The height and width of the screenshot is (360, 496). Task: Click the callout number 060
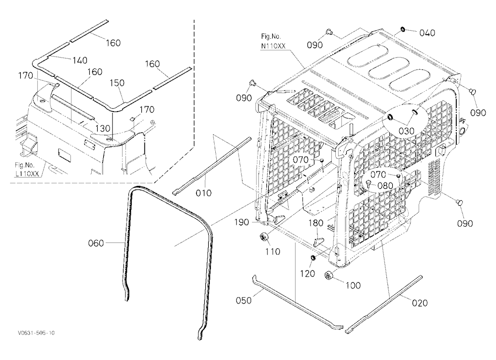coord(96,243)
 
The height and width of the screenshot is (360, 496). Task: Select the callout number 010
coord(204,193)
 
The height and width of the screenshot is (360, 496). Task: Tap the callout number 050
coord(244,300)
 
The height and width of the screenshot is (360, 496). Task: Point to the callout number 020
coord(420,303)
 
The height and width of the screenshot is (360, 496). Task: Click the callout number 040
coord(428,33)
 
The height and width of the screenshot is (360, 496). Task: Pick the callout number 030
coord(407,130)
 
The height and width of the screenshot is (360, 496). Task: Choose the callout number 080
coord(385,185)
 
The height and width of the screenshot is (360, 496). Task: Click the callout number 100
coord(353,285)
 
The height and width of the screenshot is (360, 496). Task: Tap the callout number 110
coord(273,251)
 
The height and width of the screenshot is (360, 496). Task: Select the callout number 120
coord(307,273)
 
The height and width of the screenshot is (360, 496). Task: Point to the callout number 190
coord(242,222)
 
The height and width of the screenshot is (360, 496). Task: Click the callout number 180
coord(315,223)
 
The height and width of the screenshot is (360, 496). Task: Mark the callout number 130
coord(103,128)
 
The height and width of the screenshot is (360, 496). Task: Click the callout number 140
coord(80,60)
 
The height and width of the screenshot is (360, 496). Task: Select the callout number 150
coord(117,83)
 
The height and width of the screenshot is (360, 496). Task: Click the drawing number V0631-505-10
coord(36,333)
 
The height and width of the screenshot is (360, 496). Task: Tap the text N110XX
coord(273,46)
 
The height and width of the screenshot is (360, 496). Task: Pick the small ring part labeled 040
coord(403,30)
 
